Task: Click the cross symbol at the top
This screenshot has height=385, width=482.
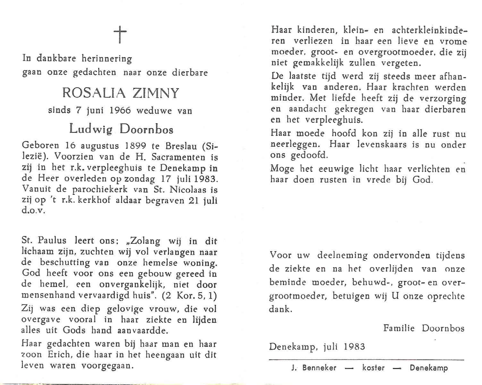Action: tap(120, 35)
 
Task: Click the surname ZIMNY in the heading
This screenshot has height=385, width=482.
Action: tap(155, 93)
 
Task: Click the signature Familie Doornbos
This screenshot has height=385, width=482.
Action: tap(424, 328)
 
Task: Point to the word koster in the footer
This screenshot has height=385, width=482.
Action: tap(373, 368)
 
